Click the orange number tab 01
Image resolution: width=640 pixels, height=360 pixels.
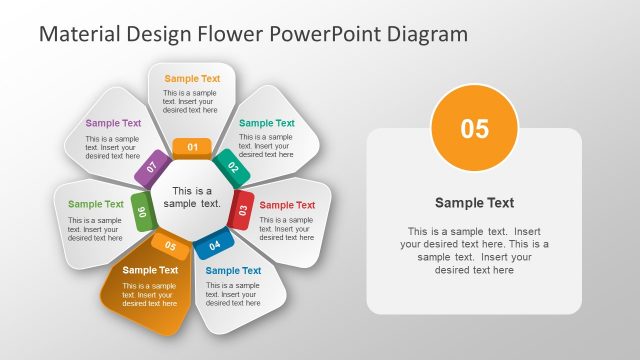tap(192, 148)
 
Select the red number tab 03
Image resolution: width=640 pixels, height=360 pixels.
tap(242, 209)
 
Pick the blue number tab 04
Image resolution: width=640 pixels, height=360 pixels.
tap(214, 244)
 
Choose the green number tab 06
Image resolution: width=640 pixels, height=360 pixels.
tap(142, 211)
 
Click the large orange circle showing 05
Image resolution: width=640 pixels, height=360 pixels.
tap(474, 129)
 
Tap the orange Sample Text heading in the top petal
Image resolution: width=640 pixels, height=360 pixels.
tap(192, 78)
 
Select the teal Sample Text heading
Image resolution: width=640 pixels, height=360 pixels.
tap(267, 123)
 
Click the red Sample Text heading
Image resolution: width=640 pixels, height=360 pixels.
tap(287, 205)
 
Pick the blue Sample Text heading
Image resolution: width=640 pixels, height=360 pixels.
tap(233, 270)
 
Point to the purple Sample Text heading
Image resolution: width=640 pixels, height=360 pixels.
tap(113, 123)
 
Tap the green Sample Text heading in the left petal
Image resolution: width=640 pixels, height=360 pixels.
tap(96, 204)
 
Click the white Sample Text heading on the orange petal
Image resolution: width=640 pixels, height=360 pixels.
tap(150, 269)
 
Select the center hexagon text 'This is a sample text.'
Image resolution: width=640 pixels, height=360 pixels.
tap(192, 197)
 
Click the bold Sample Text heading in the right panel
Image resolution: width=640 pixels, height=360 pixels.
tap(474, 202)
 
